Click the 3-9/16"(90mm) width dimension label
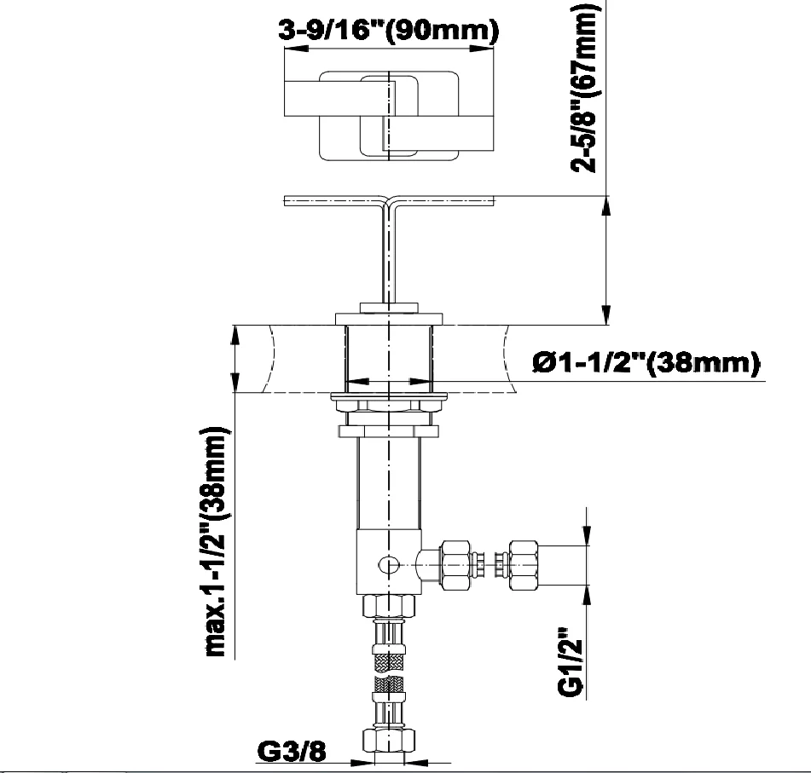(388, 31)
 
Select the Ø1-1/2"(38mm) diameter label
(646, 363)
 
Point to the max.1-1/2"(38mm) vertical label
(217, 542)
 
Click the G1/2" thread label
(571, 661)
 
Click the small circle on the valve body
(388, 565)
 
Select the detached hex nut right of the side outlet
(523, 565)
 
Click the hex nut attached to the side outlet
(455, 565)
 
